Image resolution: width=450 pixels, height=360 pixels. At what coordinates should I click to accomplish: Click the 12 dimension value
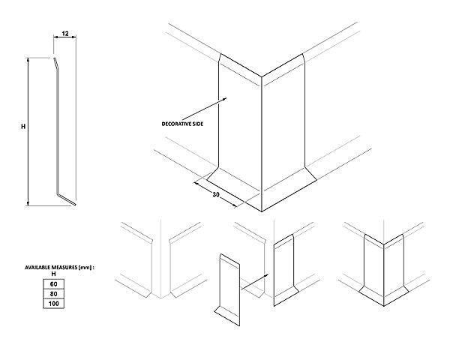click(x=65, y=34)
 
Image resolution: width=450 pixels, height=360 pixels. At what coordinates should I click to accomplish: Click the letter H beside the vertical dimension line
click(x=23, y=126)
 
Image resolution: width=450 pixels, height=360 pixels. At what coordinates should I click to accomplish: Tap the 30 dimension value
click(x=216, y=195)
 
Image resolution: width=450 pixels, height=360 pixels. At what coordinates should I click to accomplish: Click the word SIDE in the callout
click(x=198, y=124)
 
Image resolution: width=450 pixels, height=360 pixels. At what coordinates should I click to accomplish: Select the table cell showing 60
click(x=54, y=284)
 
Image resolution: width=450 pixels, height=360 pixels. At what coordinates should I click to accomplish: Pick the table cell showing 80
click(x=54, y=294)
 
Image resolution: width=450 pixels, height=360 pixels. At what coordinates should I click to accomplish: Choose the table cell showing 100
click(x=54, y=304)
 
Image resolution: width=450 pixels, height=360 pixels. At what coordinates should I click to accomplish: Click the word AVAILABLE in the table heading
click(x=37, y=268)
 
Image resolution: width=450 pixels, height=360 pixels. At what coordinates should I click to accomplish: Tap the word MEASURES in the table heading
click(x=64, y=268)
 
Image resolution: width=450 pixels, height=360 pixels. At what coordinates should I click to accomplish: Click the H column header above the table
click(x=53, y=274)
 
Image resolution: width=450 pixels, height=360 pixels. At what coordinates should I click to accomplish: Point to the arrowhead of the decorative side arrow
click(x=224, y=99)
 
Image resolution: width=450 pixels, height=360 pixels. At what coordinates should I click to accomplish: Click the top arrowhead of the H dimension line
click(x=28, y=59)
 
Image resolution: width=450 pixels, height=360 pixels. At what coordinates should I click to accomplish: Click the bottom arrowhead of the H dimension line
click(x=28, y=203)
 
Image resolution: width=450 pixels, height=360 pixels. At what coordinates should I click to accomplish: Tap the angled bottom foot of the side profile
click(x=66, y=199)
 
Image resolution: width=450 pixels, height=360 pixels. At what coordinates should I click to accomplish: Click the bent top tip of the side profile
click(x=55, y=62)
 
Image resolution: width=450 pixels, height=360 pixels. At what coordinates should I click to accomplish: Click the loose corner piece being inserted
click(x=227, y=290)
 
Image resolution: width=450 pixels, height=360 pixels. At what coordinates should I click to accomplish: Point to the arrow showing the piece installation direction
click(x=255, y=281)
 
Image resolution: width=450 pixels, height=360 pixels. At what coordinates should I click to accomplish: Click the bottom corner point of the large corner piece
click(x=262, y=211)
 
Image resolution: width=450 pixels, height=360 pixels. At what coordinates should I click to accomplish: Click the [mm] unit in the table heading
click(x=85, y=268)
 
